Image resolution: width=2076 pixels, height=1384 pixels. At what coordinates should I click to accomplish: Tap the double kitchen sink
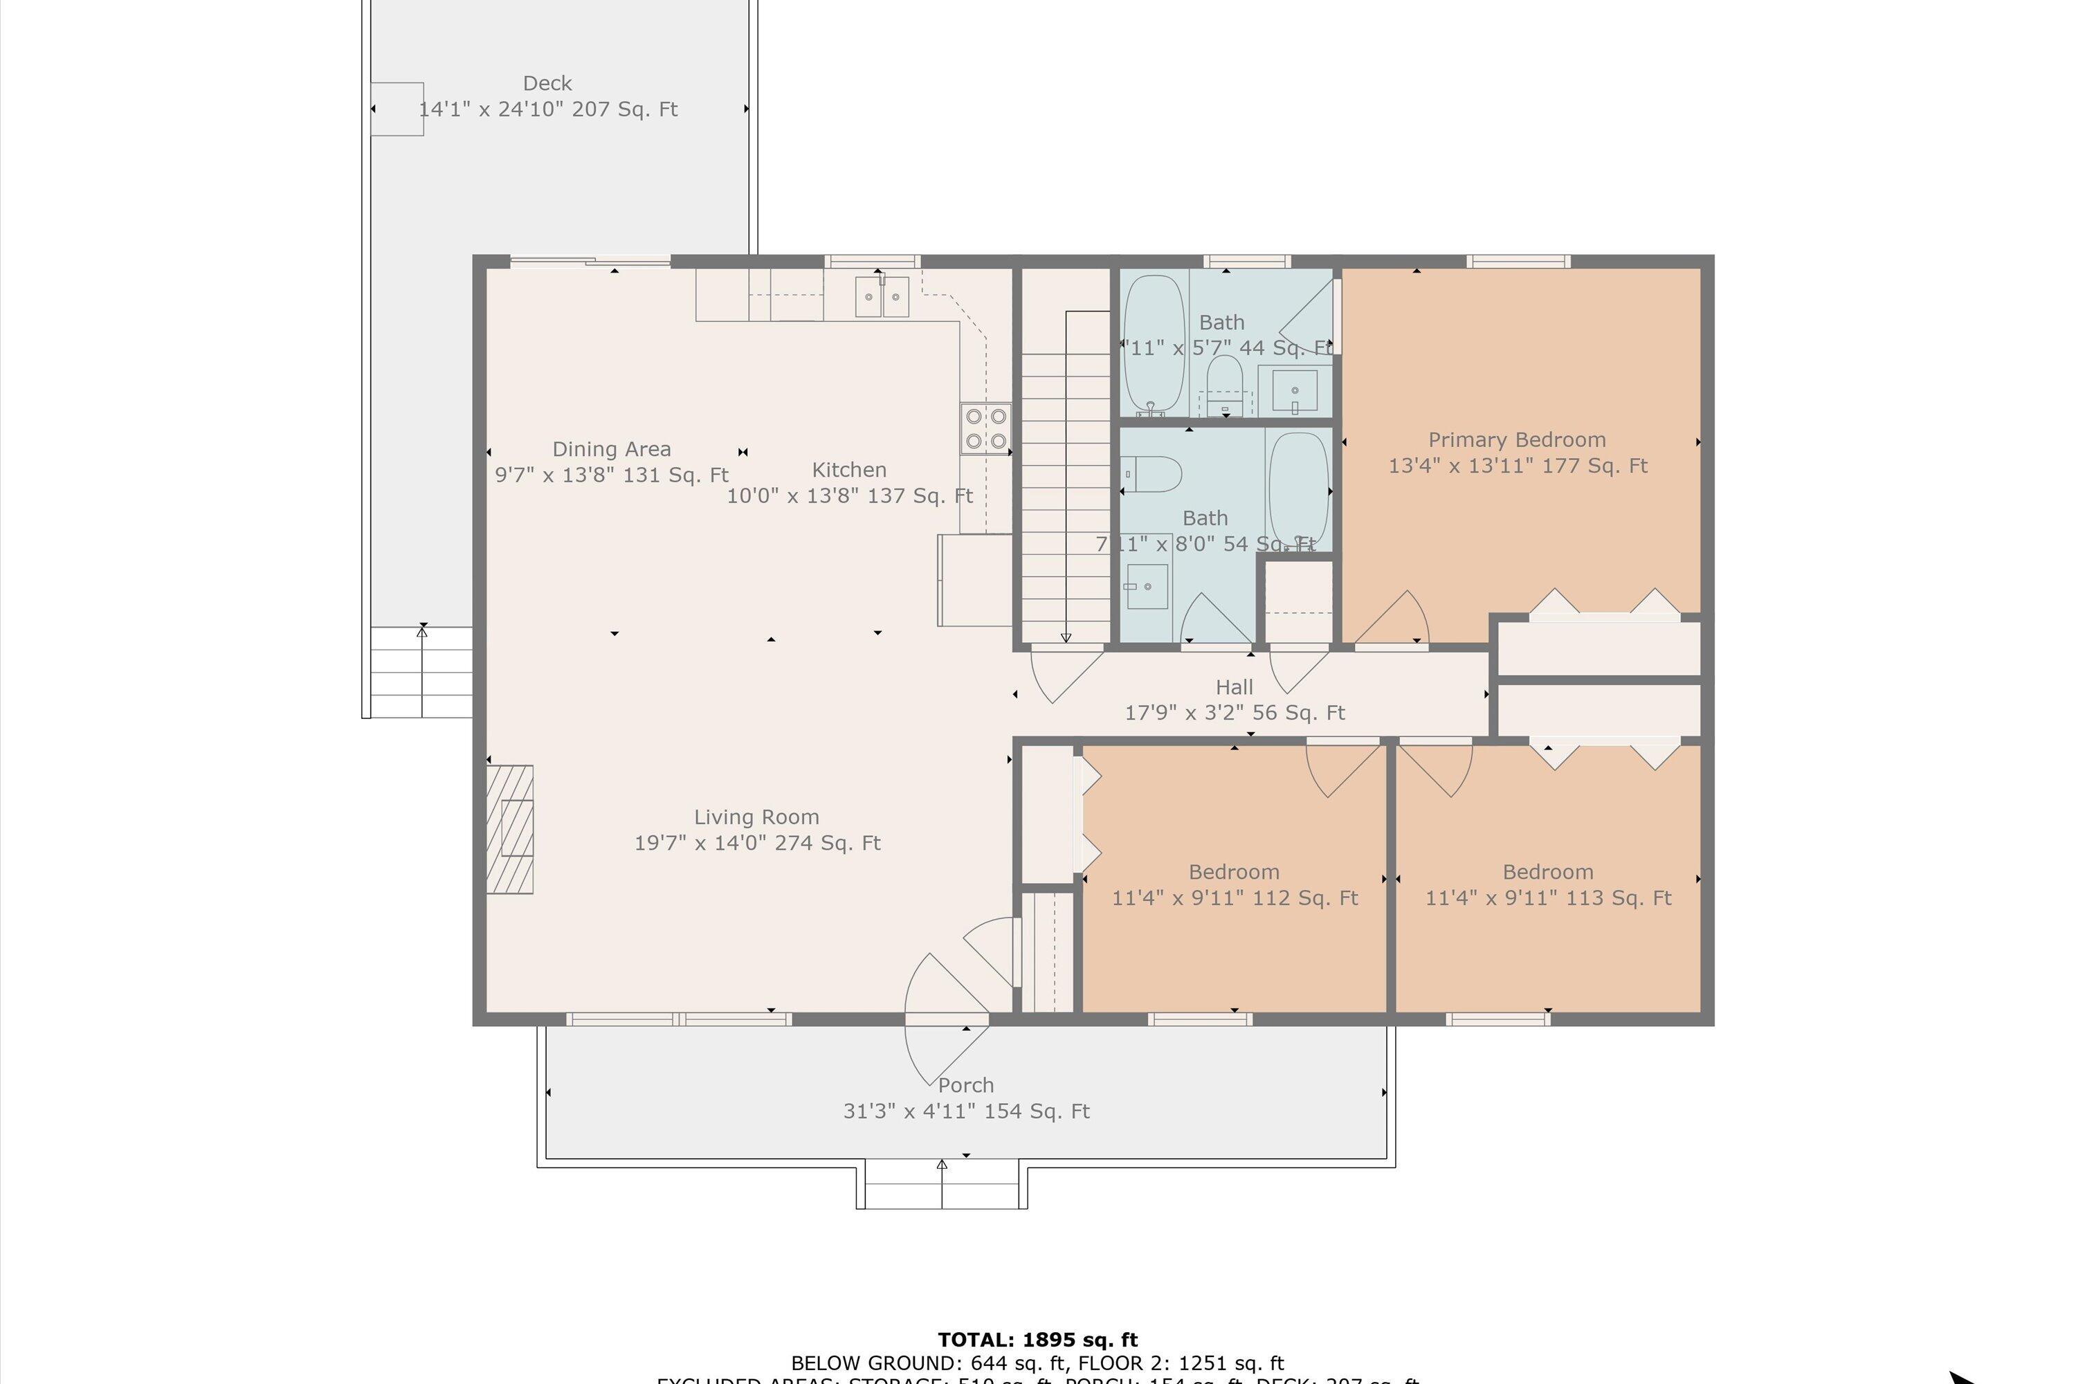coord(882,297)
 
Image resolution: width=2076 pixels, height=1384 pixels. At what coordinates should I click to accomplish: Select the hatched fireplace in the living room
coord(510,829)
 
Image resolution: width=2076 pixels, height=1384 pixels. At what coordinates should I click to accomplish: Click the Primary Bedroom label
coord(1516,439)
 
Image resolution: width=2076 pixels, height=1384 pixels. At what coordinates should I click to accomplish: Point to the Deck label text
coord(547,84)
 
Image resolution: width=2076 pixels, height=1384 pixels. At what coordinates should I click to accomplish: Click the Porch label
coord(965,1086)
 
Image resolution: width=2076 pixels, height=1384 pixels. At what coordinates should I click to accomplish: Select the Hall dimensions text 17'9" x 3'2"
coord(1235,712)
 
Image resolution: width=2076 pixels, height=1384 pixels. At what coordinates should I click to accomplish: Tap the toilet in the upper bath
coord(1224,384)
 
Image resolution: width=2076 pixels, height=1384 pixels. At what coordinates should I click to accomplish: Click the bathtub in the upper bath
coord(1154,344)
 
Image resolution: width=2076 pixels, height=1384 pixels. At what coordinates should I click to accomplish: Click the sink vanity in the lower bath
coord(1147,586)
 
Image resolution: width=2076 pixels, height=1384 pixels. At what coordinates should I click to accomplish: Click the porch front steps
coord(942,1186)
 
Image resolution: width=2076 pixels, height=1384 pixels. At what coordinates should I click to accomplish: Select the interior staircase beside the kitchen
coord(1066,494)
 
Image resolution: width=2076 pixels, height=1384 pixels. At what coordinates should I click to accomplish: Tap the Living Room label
coord(756,817)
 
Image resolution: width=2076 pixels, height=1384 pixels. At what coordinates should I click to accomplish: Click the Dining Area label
coord(612,449)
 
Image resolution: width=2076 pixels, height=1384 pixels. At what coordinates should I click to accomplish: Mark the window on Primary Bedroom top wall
coord(1518,262)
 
